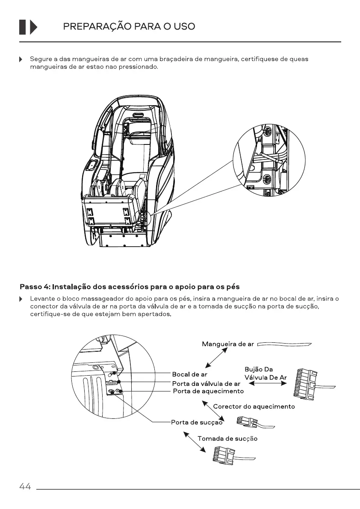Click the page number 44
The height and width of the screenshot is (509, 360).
coord(25,487)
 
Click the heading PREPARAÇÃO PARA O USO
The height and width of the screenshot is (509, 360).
coord(129,26)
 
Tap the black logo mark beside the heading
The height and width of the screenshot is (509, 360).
coord(28,27)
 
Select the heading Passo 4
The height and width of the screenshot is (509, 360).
coord(130,286)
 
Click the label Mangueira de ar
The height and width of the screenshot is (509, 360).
coord(228,344)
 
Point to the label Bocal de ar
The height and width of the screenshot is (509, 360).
coord(189,375)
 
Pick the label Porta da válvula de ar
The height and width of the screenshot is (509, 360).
coord(206,383)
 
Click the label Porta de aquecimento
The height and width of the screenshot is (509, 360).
coord(208,391)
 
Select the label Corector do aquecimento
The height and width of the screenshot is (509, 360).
coord(254,406)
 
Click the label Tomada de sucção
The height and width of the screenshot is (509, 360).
coord(227,438)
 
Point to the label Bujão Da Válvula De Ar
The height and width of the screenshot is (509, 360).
coord(265,373)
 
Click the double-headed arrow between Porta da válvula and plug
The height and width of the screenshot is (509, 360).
coord(267,383)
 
